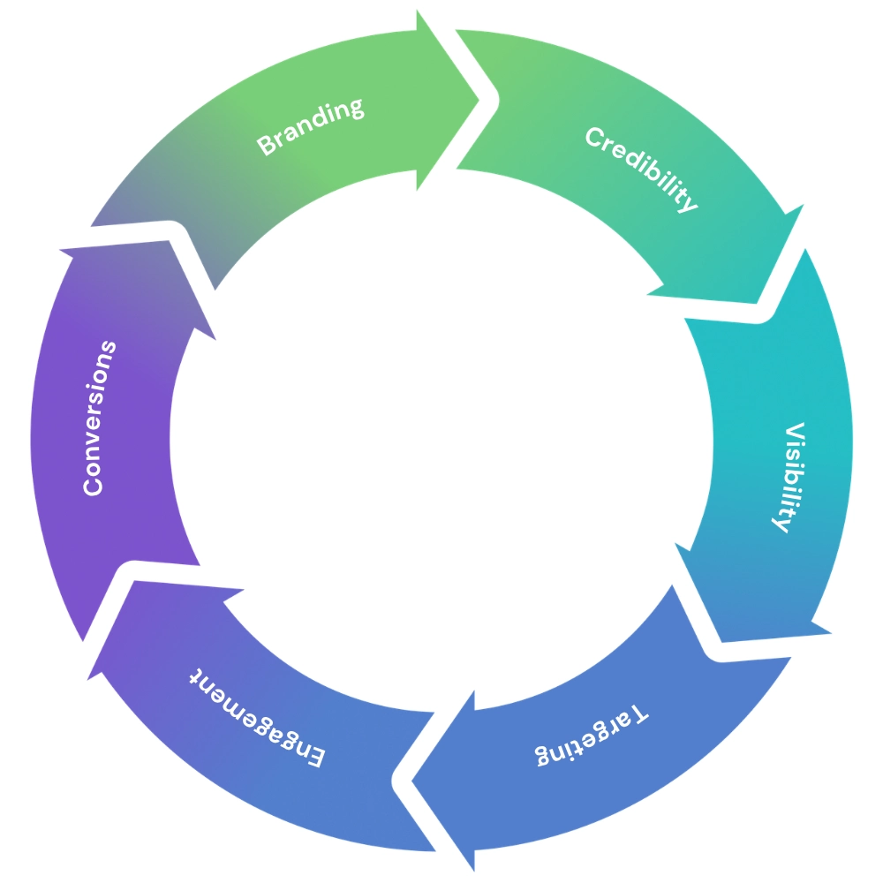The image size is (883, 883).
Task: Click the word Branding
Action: click(310, 126)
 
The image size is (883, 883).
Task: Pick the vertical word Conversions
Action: click(99, 417)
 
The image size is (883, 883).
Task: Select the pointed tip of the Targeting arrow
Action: click(415, 776)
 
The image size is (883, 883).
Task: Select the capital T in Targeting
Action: click(641, 712)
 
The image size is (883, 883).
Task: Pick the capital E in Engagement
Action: click(315, 756)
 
